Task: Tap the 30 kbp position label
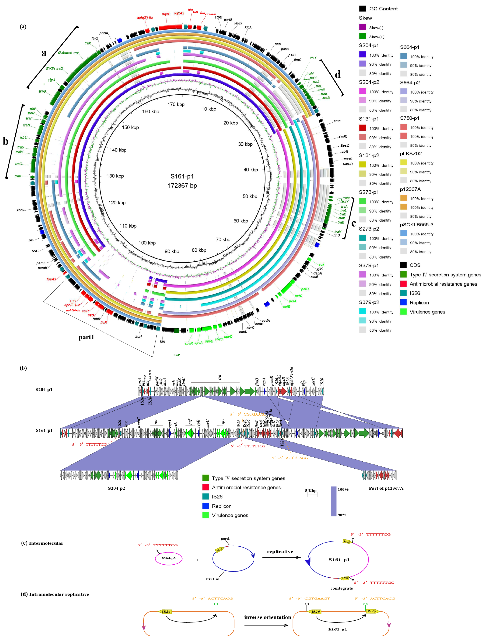245,144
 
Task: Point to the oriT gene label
313,57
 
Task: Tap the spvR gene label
189,343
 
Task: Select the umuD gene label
348,164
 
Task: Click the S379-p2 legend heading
369,302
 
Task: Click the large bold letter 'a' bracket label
44,53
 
